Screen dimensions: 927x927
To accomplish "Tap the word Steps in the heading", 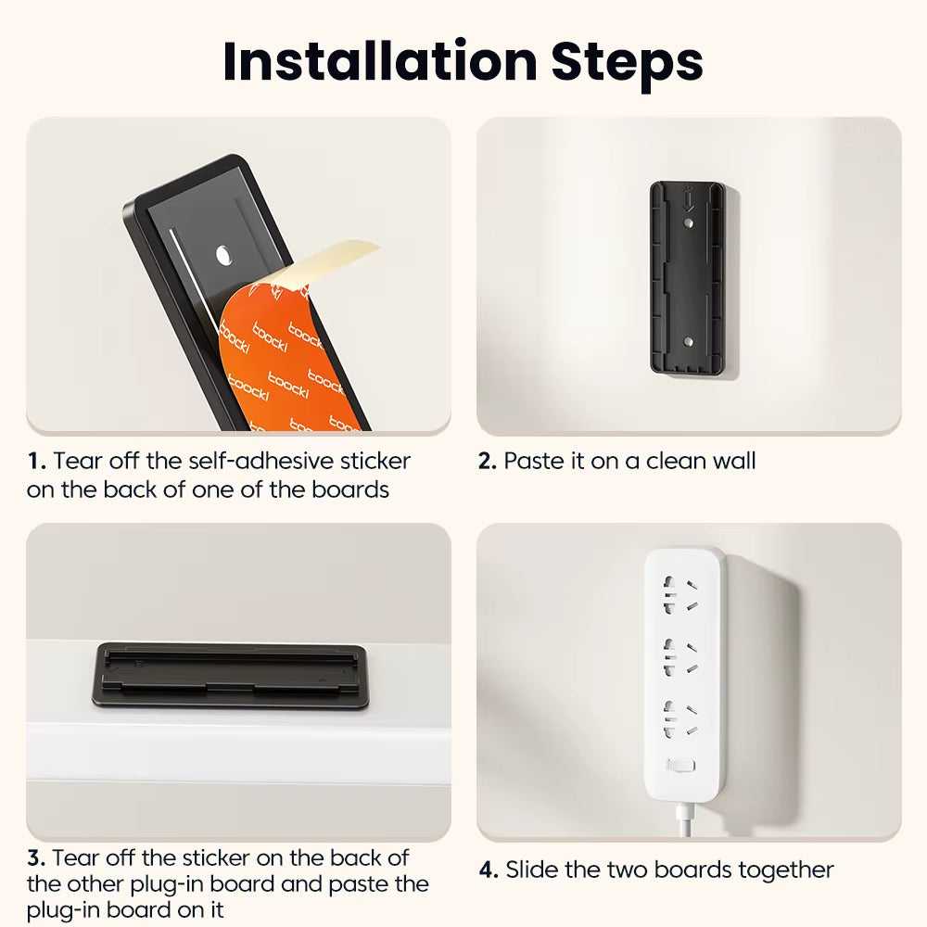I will (x=628, y=61).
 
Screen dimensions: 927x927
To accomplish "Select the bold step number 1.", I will (x=35, y=461).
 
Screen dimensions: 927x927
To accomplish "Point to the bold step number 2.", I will (x=488, y=461).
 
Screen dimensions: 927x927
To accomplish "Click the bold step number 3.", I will (x=36, y=857).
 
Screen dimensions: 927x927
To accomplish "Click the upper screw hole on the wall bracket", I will (x=686, y=223).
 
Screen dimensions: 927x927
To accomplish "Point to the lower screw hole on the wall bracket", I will (x=686, y=342).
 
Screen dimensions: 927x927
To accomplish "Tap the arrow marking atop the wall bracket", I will (x=686, y=197).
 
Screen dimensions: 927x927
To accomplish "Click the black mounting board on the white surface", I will (x=232, y=675).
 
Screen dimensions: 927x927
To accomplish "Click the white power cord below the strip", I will (x=684, y=820).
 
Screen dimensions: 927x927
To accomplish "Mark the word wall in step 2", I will (x=731, y=461).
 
